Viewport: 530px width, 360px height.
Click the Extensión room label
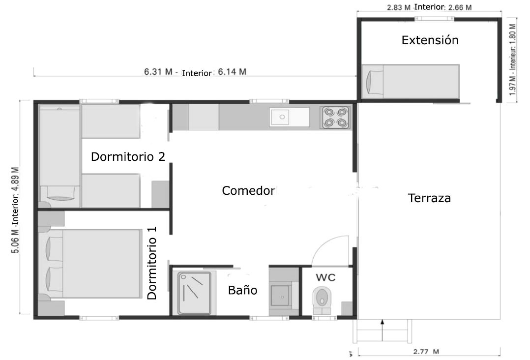(x=430, y=40)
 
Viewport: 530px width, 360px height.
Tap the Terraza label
(x=429, y=199)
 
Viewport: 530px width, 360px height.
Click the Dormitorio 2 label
(x=128, y=157)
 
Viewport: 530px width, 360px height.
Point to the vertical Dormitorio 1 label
(x=152, y=263)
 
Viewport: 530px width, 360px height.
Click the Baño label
(x=242, y=290)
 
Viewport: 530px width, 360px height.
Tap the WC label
(x=325, y=277)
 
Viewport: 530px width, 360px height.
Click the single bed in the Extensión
(x=411, y=81)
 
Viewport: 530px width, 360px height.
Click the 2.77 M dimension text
(x=426, y=352)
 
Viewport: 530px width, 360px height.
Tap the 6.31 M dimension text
(x=158, y=72)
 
